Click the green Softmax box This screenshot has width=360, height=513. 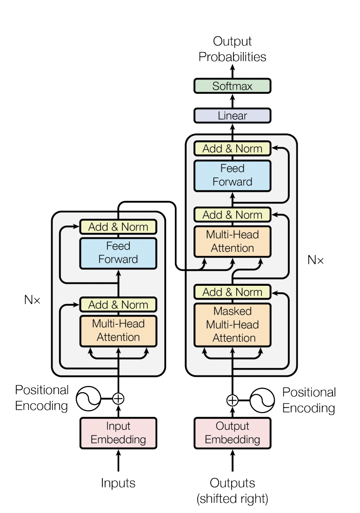232,86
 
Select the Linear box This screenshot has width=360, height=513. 232,116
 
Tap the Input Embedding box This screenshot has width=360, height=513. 118,433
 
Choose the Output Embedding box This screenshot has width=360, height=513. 232,433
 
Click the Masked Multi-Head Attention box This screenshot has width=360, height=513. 232,325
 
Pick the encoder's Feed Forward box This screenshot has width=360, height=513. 118,253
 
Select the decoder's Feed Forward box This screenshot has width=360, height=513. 232,176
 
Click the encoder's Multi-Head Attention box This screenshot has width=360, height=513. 118,331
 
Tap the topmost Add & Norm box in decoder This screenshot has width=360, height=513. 232,149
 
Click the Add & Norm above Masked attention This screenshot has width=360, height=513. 232,292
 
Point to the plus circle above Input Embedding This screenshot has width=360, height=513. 118,399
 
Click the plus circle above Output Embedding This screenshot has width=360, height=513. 232,400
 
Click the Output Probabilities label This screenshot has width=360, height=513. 232,49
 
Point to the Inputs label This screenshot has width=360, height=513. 118,483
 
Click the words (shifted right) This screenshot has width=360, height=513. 232,499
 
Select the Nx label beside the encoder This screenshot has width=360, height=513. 32,300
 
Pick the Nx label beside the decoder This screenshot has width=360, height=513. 315,260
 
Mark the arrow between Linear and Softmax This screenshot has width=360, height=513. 232,101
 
